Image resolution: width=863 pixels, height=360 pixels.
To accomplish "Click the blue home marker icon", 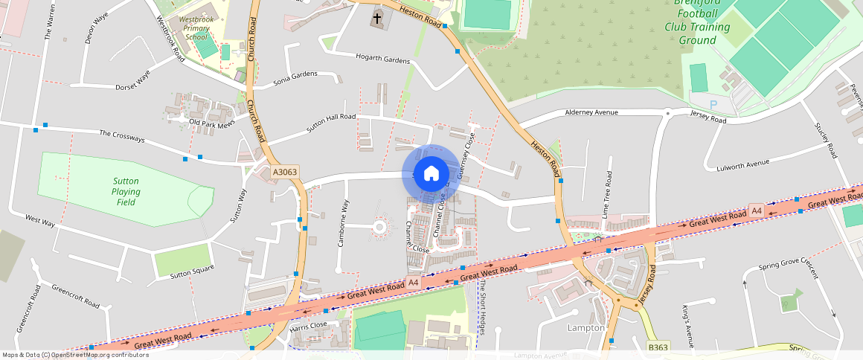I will tap(431, 173).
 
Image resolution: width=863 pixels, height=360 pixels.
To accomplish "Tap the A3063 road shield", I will tap(285, 172).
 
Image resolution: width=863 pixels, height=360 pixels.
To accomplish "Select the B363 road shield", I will tap(658, 347).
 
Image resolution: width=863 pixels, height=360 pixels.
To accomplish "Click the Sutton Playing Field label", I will tap(127, 191).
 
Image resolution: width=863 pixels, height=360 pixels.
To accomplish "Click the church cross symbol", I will tap(377, 18).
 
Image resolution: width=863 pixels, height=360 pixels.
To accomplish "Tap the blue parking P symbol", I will tap(713, 105).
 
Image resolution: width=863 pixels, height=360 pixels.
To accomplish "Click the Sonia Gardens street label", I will tap(295, 75).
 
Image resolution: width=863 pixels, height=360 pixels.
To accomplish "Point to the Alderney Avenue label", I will tap(591, 112).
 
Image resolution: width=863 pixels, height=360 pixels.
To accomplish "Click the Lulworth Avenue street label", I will tap(747, 163).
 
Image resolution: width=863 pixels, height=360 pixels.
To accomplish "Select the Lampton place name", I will tap(586, 327).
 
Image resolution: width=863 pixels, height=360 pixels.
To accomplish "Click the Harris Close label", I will tap(309, 326).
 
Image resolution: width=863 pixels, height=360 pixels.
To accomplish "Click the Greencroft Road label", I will tap(75, 295).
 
